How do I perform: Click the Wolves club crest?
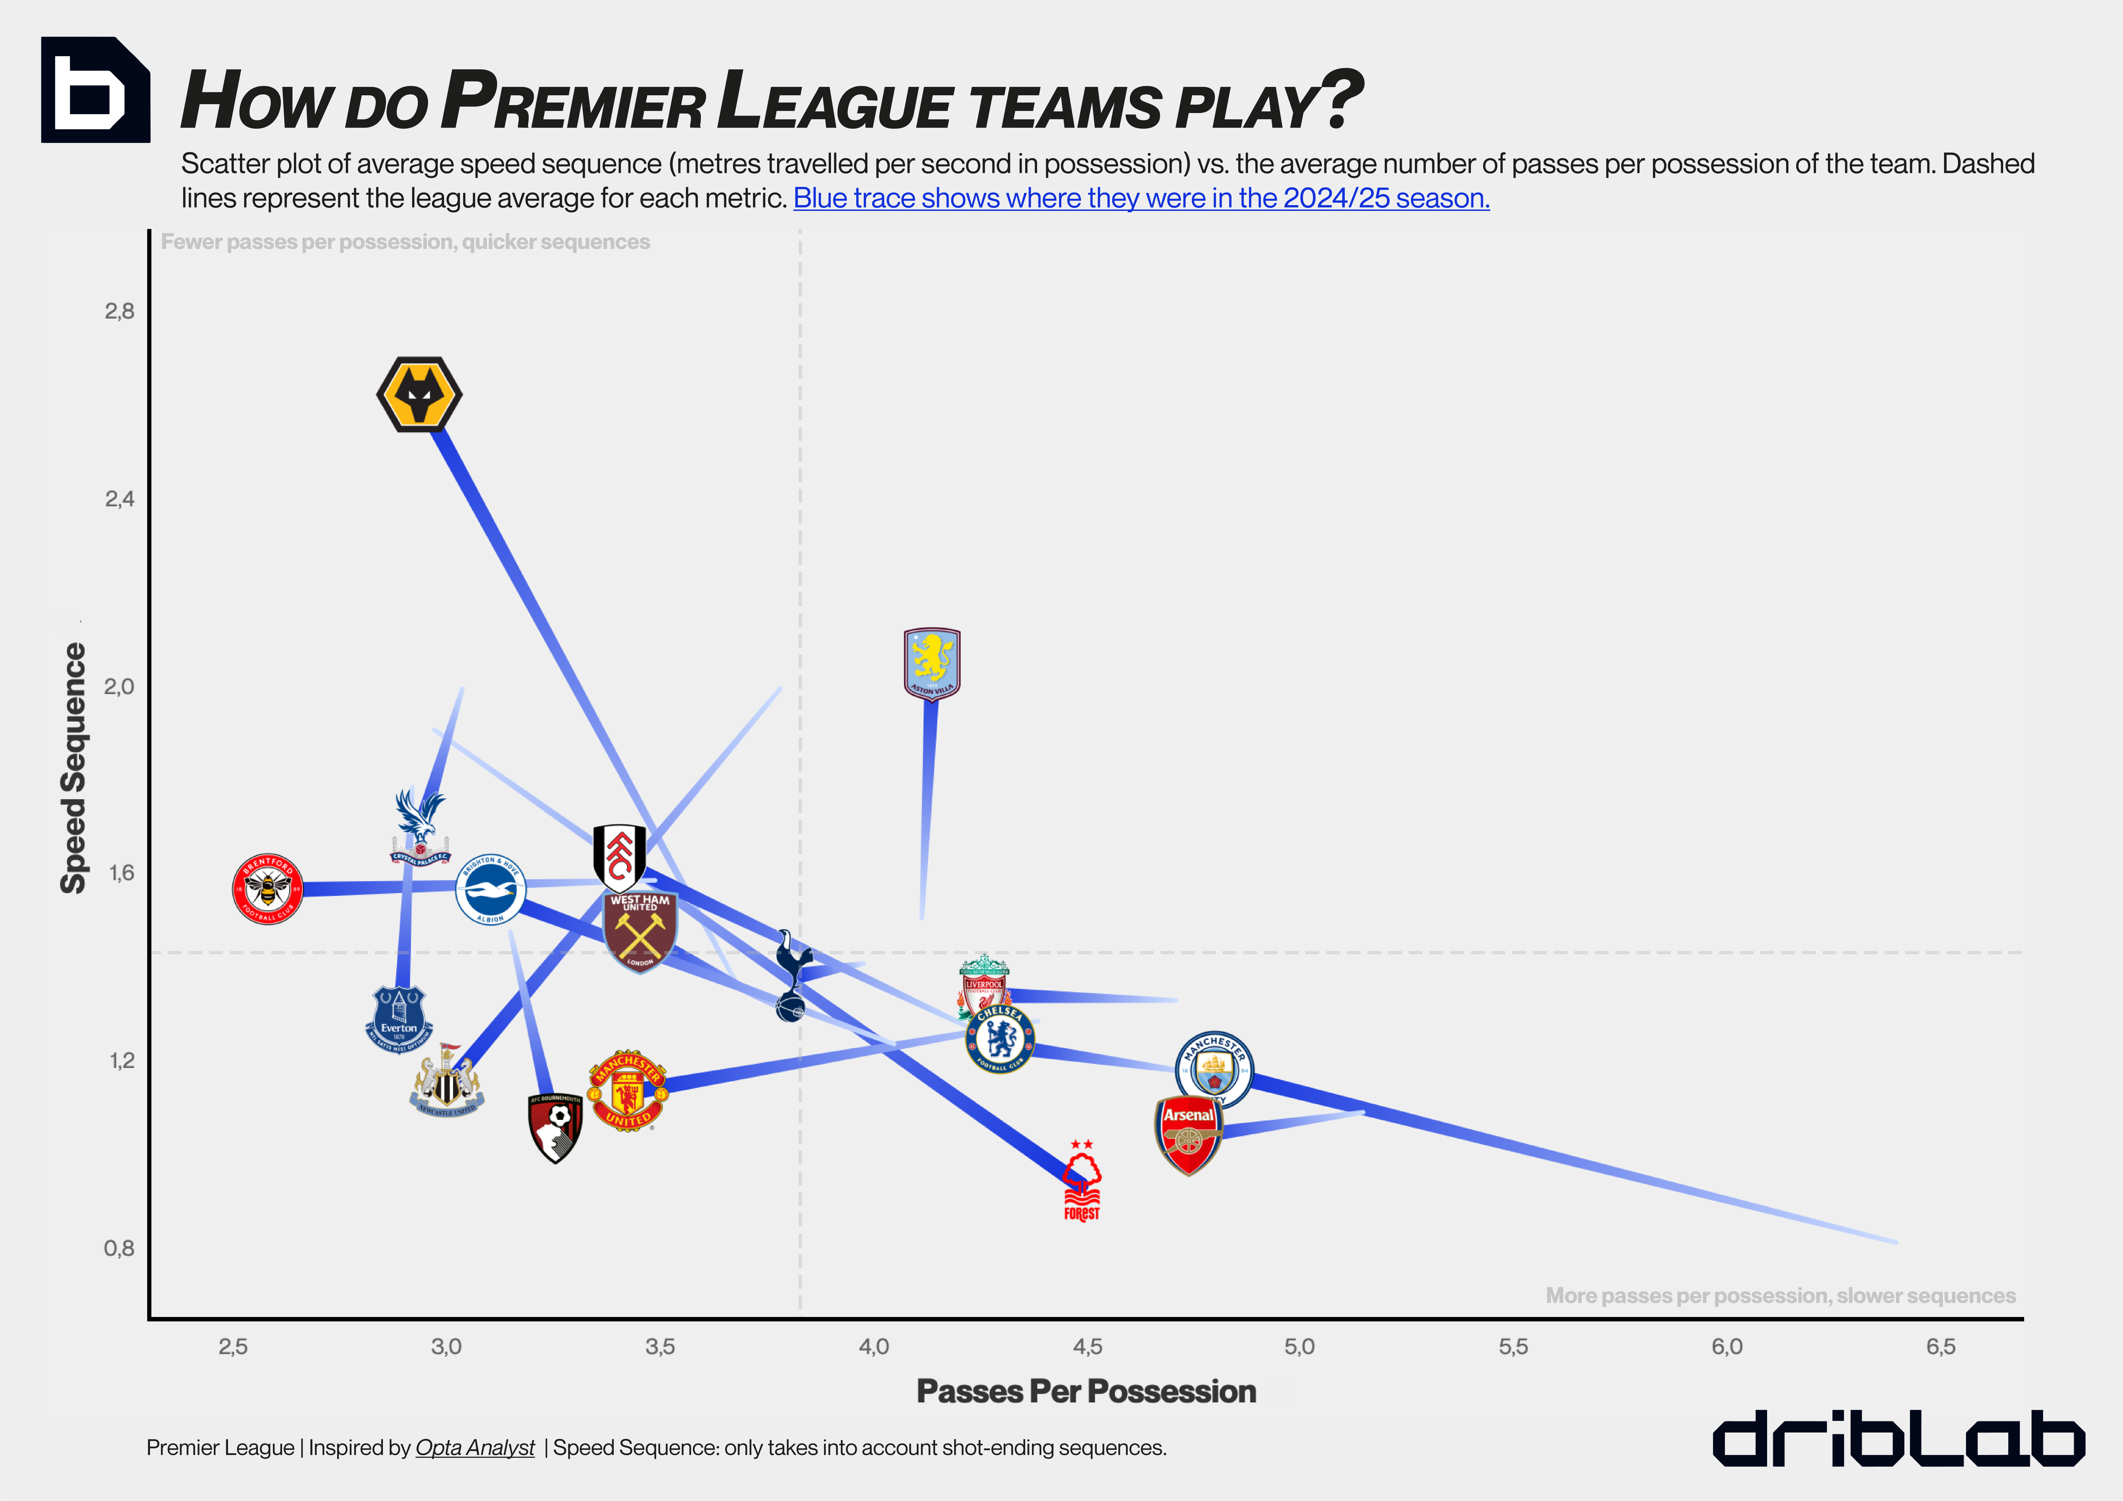tap(419, 394)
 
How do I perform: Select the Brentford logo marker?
tap(267, 889)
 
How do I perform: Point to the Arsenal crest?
tap(1188, 1135)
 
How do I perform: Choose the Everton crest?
tap(399, 1019)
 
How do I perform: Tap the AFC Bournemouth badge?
tap(555, 1128)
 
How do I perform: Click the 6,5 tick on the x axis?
tap(1940, 1347)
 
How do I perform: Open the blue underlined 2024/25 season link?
tap(1141, 199)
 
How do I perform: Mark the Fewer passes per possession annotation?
tap(405, 242)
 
